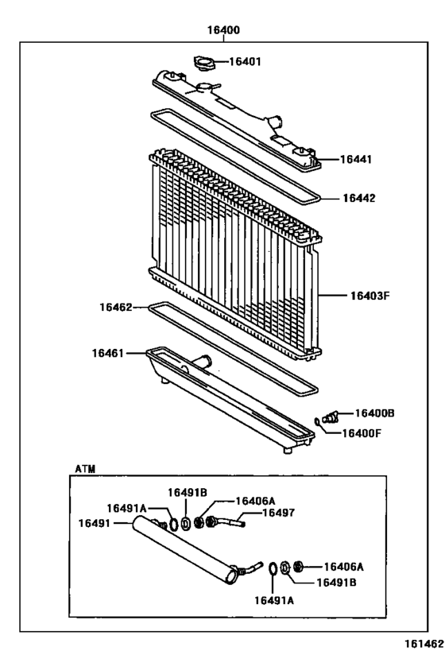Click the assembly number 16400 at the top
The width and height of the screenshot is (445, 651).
coord(223,30)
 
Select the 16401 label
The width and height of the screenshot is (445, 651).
coord(246,61)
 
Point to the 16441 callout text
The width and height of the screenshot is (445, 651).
coord(357,159)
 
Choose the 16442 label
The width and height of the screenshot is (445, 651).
coord(359,198)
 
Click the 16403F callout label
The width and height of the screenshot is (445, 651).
coord(370,296)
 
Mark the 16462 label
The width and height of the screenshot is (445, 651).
coord(116,306)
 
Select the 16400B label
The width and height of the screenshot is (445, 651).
coord(374,413)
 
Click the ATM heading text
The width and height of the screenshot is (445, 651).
coord(85,469)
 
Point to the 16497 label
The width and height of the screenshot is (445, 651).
coord(278,513)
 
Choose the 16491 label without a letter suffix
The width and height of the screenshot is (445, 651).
coord(95,522)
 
